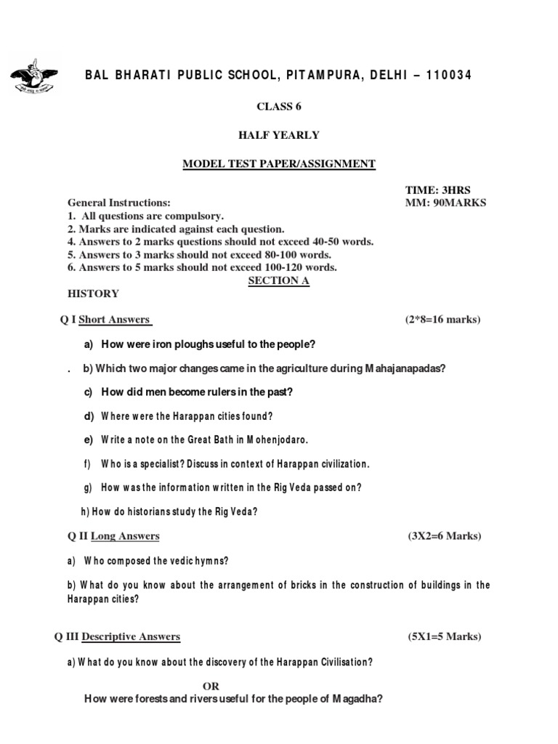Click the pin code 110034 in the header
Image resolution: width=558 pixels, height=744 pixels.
[440, 76]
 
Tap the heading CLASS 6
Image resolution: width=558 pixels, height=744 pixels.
[278, 106]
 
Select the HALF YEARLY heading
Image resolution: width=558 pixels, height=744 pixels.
[278, 135]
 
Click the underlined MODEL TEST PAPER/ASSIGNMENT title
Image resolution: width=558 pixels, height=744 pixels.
[278, 164]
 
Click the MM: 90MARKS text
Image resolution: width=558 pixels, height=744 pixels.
[445, 203]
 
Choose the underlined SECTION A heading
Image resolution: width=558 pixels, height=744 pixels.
[278, 280]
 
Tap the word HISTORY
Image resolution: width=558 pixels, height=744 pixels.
[93, 294]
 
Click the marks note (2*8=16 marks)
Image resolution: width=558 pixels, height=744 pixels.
[442, 319]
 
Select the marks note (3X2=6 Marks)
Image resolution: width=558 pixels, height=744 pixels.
[444, 536]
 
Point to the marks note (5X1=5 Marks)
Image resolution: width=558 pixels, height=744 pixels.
[444, 636]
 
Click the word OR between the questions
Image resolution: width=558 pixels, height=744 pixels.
[211, 686]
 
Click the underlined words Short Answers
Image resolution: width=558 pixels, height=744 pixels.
[114, 319]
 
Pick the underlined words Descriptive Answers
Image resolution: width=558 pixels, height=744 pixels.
[131, 636]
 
